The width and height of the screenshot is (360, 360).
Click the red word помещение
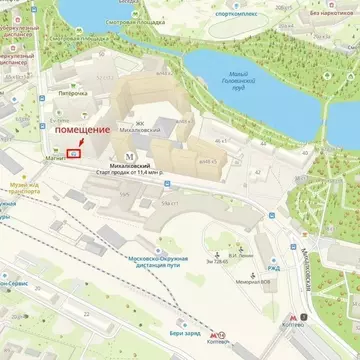pyautogui.click(x=83, y=131)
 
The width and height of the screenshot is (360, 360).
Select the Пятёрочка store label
pyautogui.click(x=70, y=94)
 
